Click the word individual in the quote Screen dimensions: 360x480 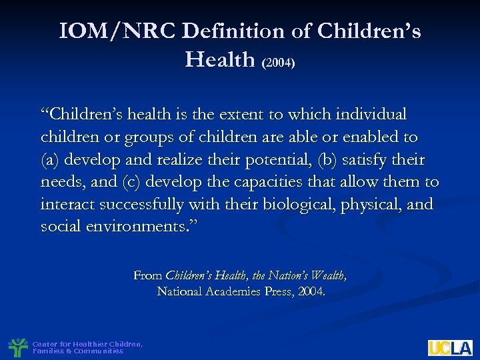tap(373, 115)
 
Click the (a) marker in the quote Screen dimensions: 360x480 tap(49, 160)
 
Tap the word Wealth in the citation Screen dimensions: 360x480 tap(327, 275)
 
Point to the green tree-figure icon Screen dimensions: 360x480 tap(17, 347)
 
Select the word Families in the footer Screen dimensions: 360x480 tap(45, 351)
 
